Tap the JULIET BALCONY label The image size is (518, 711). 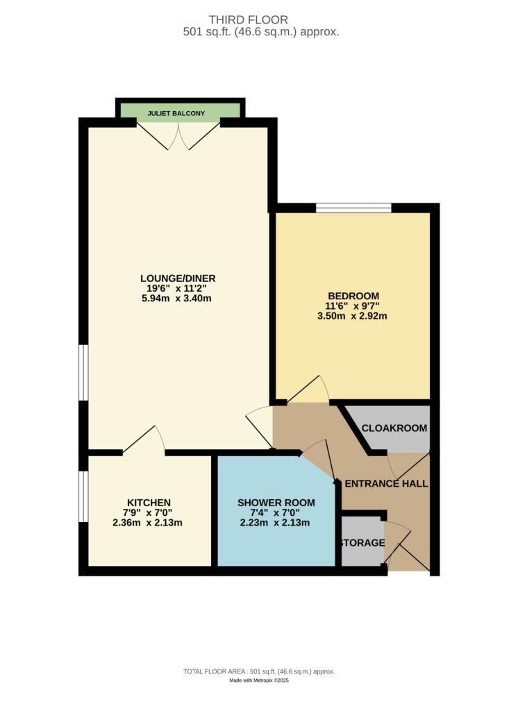tap(180, 112)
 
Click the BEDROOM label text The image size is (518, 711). tap(353, 295)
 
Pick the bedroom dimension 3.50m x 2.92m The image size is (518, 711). tap(353, 315)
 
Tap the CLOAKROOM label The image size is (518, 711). tap(394, 428)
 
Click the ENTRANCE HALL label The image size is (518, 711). tap(386, 483)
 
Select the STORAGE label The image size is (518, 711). tap(361, 542)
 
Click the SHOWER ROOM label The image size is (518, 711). tap(276, 503)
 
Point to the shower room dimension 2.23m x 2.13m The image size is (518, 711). tap(276, 523)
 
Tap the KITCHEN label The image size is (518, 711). tap(149, 503)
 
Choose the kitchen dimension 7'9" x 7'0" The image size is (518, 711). tap(149, 513)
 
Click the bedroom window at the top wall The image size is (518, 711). tap(353, 207)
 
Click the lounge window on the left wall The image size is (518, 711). tap(83, 373)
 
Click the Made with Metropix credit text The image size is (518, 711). tap(258, 680)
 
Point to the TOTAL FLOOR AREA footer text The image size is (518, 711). tap(258, 671)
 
